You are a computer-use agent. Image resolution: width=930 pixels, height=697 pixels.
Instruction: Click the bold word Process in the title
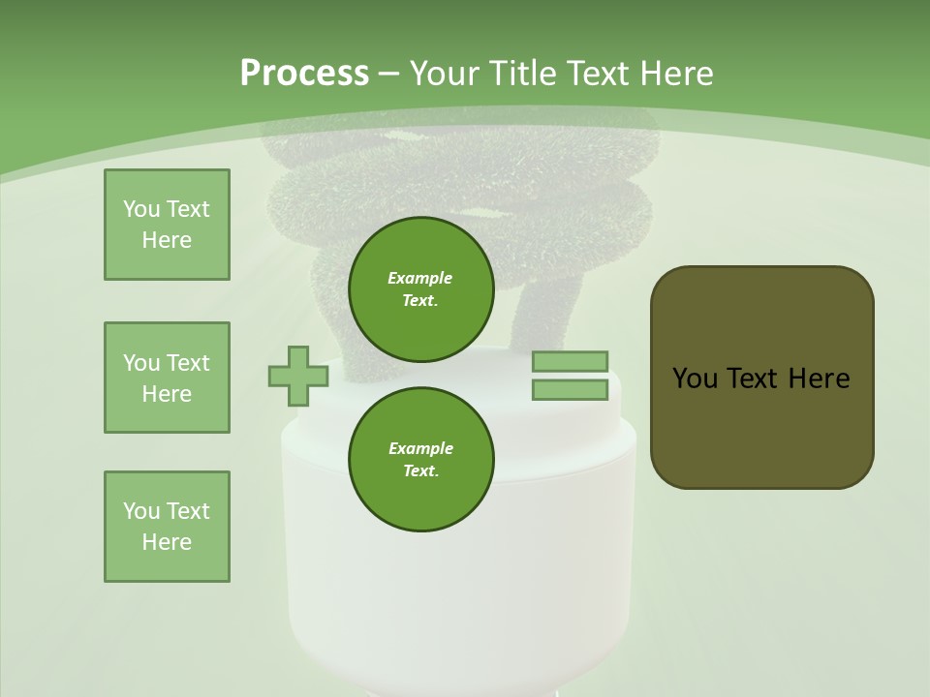point(304,74)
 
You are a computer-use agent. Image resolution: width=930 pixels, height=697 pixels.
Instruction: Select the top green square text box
point(167,225)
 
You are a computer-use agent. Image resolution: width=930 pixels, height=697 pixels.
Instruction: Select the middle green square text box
point(167,378)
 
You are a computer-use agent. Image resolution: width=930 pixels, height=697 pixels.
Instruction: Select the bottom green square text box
point(167,527)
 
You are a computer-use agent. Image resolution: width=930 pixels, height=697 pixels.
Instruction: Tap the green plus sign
point(297,376)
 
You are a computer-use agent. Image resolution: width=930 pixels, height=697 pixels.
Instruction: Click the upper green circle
point(420,289)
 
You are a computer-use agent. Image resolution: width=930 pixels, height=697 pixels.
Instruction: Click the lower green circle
point(420,460)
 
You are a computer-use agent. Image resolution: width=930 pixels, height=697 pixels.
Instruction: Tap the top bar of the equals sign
point(570,362)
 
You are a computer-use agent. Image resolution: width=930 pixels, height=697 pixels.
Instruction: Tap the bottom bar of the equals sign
point(570,390)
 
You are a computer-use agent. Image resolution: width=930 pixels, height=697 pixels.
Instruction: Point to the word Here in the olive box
point(819,379)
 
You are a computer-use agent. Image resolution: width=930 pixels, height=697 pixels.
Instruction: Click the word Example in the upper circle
point(420,278)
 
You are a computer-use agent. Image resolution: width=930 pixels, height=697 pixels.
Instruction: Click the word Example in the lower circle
point(420,448)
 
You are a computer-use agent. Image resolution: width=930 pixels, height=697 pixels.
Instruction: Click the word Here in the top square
point(167,240)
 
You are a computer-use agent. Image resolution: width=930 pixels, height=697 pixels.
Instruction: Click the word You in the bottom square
point(140,511)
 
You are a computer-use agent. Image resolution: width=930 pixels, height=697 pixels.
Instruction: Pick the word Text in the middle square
point(188,363)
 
